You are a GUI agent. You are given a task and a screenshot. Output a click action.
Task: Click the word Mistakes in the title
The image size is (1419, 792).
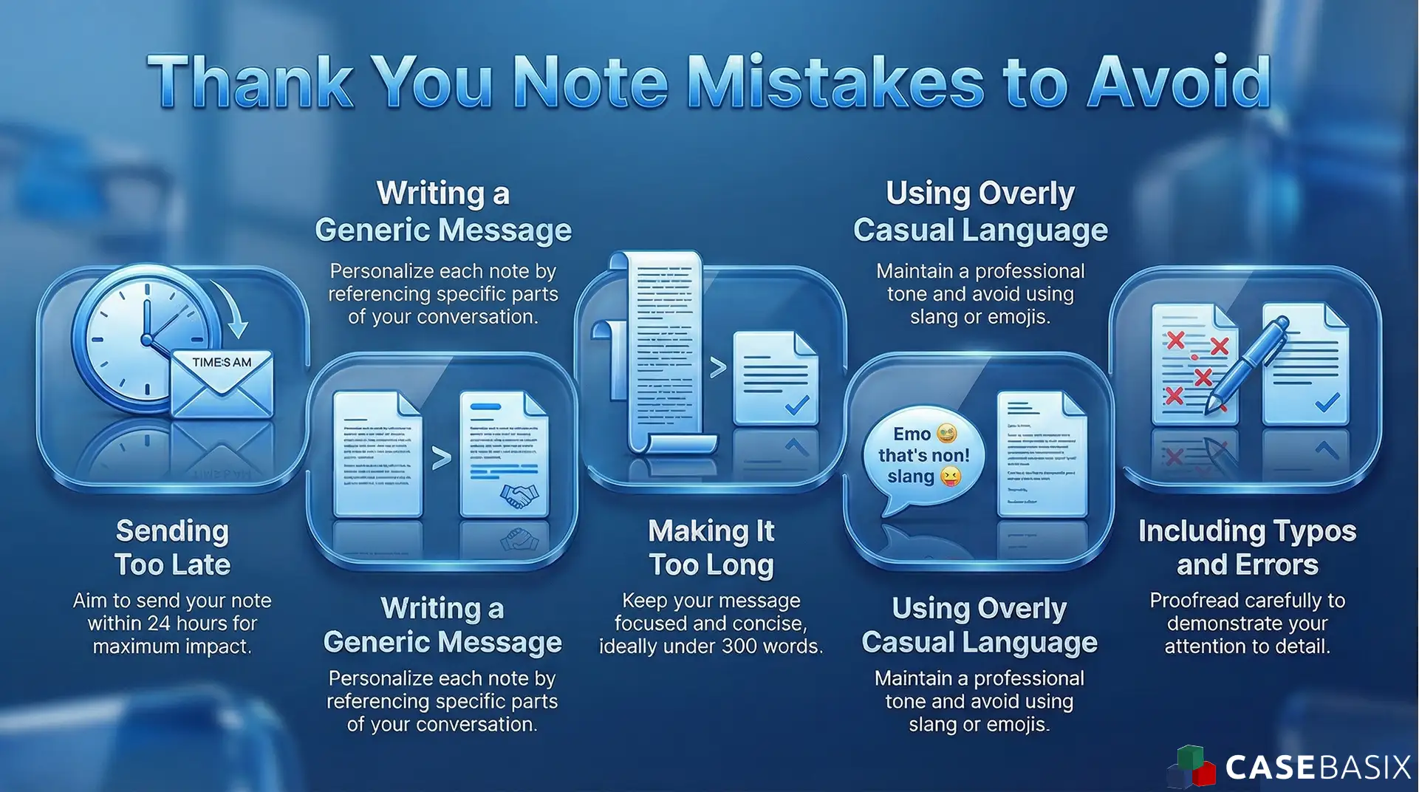tap(835, 83)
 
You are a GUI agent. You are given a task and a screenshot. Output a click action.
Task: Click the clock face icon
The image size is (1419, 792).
tap(148, 336)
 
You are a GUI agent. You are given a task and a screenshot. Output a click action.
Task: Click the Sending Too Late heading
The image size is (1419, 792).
tap(172, 547)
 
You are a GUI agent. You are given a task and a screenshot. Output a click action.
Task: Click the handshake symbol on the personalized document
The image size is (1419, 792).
tap(519, 496)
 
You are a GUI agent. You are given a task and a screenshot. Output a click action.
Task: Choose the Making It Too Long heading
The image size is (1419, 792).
tap(711, 547)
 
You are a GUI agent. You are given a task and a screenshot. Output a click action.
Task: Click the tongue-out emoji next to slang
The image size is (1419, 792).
tap(950, 478)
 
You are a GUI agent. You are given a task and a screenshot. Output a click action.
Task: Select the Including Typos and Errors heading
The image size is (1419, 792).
tap(1247, 547)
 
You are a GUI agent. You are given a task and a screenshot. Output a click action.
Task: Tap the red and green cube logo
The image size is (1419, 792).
tap(1191, 768)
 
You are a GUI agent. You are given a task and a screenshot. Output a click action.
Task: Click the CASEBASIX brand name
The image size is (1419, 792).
tap(1318, 768)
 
